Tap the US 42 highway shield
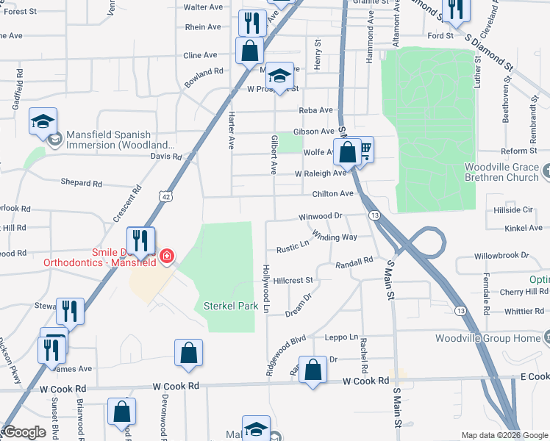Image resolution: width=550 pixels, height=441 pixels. coord(166,196)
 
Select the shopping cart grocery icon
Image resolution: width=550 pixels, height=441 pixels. coord(363,151)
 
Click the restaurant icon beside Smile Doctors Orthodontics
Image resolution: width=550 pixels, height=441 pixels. coord(140,240)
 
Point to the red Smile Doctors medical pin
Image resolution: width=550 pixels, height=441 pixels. coord(168,257)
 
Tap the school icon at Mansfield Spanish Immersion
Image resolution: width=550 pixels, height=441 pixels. coord(43,121)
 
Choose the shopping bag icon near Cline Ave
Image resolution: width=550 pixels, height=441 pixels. coord(249,51)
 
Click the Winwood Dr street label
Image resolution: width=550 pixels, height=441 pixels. coord(321,217)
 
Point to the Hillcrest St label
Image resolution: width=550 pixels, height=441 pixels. coord(293,280)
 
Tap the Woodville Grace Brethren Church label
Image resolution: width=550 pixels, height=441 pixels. coord(501,172)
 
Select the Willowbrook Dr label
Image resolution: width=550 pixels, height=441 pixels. coord(502,256)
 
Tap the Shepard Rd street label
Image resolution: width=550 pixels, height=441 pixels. coord(82,183)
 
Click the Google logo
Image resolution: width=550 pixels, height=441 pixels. coord(25,432)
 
